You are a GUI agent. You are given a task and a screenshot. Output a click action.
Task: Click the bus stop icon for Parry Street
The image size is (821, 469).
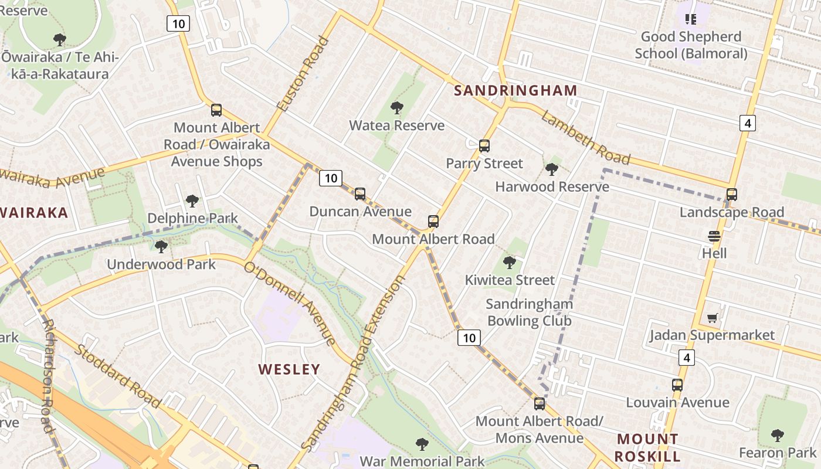point(484,146)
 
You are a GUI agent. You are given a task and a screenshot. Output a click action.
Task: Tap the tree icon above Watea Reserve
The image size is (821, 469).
point(397,108)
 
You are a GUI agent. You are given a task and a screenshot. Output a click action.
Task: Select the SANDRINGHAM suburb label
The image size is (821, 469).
point(515,90)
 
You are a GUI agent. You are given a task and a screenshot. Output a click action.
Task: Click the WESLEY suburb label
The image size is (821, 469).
point(289,369)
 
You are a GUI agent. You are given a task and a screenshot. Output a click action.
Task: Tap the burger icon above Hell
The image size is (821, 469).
point(714,236)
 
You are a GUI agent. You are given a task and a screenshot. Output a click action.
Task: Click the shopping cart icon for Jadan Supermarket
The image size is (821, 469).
point(713,318)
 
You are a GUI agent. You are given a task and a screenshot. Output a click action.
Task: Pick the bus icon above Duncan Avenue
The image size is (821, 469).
point(360,194)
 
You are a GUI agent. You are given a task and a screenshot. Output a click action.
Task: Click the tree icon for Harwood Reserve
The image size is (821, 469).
point(551,169)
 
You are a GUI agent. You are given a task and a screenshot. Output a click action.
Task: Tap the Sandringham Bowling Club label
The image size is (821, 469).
point(529,312)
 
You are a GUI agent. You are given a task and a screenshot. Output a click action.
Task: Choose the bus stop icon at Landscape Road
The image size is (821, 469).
point(731,195)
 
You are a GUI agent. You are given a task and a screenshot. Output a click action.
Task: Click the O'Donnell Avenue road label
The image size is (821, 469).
point(290,304)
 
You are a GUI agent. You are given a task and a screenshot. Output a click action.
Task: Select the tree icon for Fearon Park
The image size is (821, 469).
point(777,436)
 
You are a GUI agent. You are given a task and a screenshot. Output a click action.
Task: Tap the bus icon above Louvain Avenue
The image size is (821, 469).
point(677,385)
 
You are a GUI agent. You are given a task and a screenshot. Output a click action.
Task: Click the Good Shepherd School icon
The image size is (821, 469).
point(691,19)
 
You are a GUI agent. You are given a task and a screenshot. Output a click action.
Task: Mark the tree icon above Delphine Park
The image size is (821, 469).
point(192,201)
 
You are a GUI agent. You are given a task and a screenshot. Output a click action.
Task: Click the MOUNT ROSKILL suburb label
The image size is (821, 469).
point(648,447)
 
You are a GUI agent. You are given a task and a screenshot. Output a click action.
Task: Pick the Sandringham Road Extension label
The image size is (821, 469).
point(354,363)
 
